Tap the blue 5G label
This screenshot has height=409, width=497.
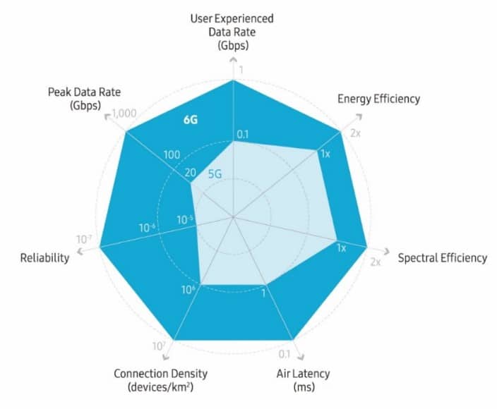(216, 170)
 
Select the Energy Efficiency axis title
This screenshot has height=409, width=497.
(378, 99)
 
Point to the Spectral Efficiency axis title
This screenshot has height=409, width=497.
(442, 257)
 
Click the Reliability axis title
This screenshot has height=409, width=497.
(45, 257)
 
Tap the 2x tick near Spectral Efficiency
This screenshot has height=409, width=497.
(376, 262)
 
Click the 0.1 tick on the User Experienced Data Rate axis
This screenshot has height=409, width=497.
(243, 134)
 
